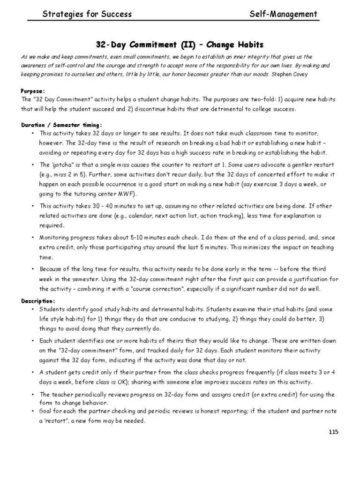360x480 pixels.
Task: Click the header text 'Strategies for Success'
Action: [x=87, y=15]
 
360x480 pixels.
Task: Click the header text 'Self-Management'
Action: [x=284, y=15]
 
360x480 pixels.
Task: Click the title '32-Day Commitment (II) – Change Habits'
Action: [x=180, y=45]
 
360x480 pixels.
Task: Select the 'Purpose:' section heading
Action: [x=32, y=90]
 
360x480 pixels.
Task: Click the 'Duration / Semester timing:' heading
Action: [x=61, y=125]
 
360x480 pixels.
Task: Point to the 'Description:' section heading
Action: [x=38, y=300]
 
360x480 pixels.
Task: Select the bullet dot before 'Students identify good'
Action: [x=32, y=310]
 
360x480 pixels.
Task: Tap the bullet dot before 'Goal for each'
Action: [x=32, y=411]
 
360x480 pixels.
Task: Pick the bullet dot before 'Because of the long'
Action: [x=32, y=269]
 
